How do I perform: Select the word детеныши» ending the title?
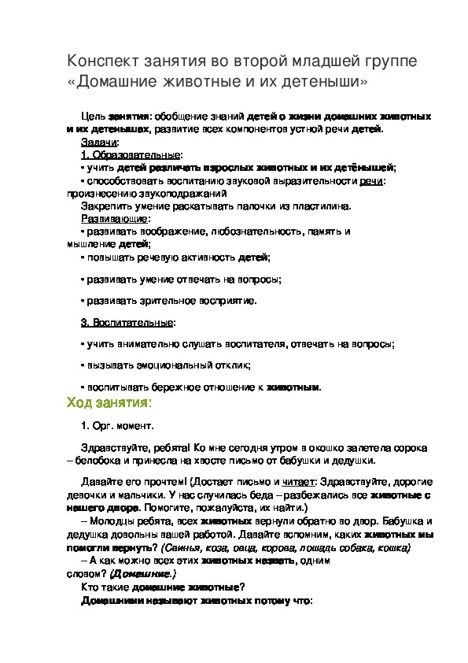coord(325,81)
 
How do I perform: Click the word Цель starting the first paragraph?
coord(94,115)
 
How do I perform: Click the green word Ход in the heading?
coord(79,403)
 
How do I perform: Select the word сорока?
coord(408,447)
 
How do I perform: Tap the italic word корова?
coord(296,547)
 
